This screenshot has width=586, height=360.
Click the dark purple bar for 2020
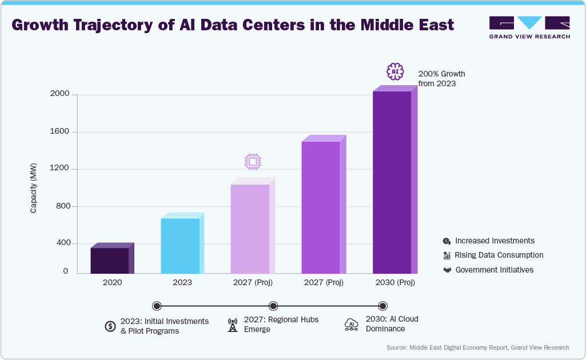tap(110, 260)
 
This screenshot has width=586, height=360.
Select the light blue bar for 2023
tap(180, 246)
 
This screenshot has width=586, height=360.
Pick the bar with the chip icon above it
tap(250, 229)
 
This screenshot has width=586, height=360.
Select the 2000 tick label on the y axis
tap(59, 94)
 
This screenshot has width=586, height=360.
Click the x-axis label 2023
tap(182, 282)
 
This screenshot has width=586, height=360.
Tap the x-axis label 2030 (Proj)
tap(395, 282)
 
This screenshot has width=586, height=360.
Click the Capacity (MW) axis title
tap(34, 188)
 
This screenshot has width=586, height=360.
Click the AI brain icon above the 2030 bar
tap(395, 71)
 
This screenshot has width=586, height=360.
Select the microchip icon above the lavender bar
tap(252, 162)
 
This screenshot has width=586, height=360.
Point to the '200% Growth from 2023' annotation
tap(441, 79)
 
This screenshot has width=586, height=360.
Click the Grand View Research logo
tap(529, 27)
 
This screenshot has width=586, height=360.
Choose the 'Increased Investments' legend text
tap(495, 241)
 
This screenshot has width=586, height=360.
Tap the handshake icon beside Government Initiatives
tap(447, 270)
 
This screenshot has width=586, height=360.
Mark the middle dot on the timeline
tap(273, 306)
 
